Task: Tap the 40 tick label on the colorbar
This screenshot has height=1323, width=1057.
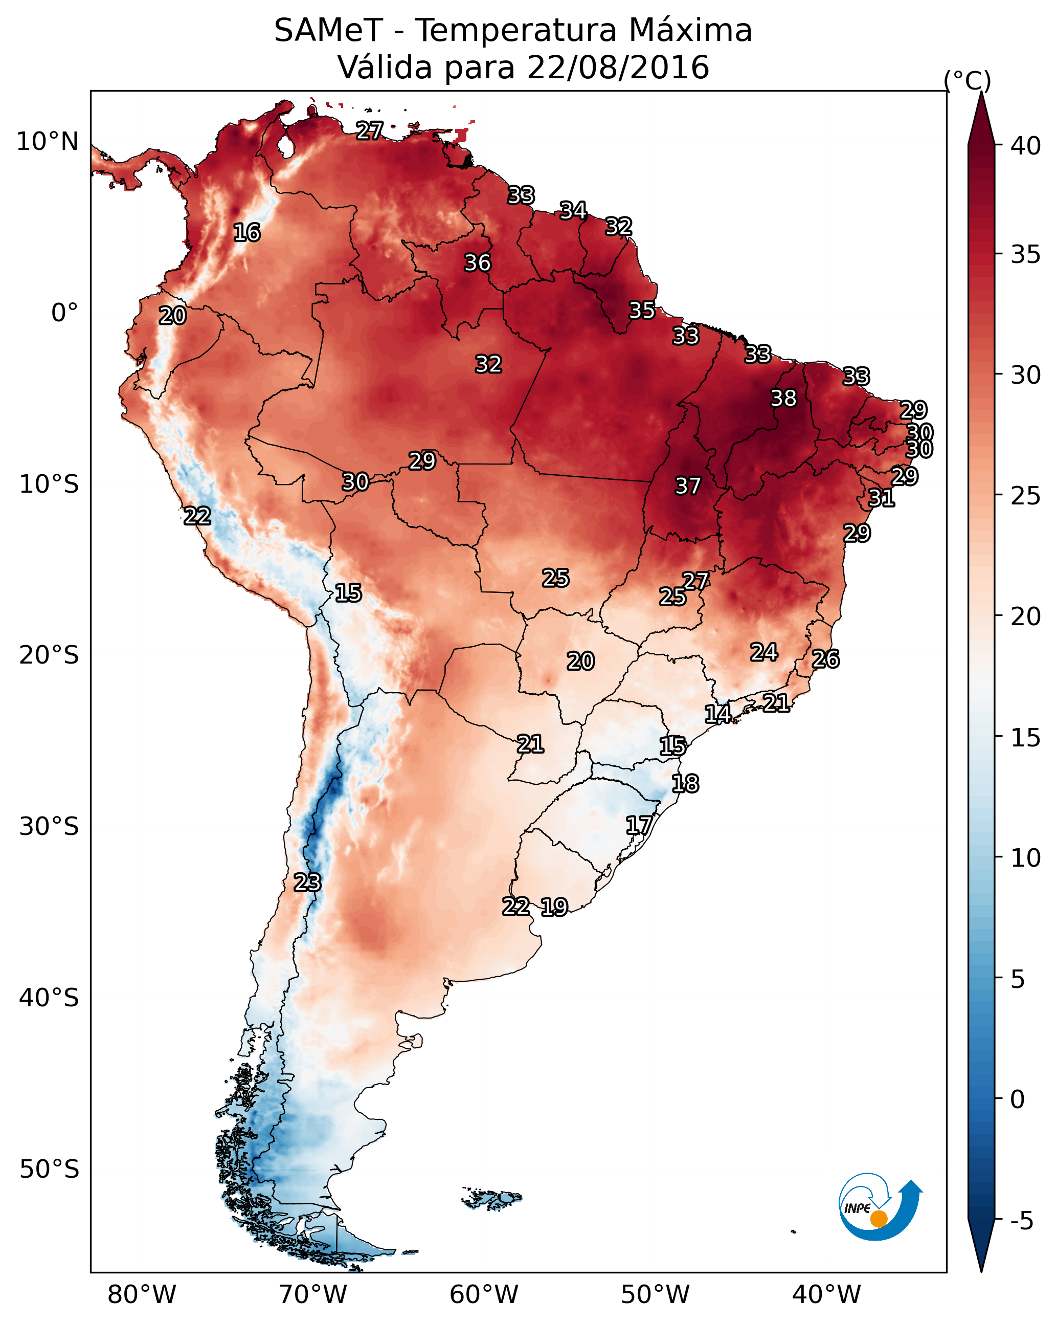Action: pos(1026,146)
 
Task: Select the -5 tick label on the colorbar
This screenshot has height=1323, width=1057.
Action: pos(1022,1221)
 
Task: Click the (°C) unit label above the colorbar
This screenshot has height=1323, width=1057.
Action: pos(968,80)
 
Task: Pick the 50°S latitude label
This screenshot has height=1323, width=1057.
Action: pos(49,1170)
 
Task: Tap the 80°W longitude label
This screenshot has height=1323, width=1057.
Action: pos(142,1295)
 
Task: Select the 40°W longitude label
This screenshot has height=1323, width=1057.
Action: pos(826,1295)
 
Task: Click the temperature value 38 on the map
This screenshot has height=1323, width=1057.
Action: pos(783,398)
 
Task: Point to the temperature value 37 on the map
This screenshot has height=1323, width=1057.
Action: pos(688,486)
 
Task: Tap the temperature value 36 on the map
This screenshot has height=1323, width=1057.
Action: pos(477,262)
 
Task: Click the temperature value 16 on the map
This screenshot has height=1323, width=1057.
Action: pos(246,233)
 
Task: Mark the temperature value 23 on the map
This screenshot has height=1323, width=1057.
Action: pos(307,883)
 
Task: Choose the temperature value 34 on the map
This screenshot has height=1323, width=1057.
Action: pos(573,210)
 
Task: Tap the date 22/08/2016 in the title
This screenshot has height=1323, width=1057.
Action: pos(618,68)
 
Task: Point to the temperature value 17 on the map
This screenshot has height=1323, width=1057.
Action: pos(639,825)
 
